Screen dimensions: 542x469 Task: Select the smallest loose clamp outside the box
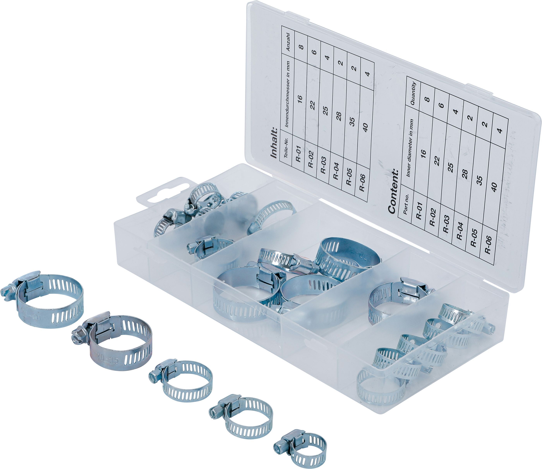click(x=300, y=448)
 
